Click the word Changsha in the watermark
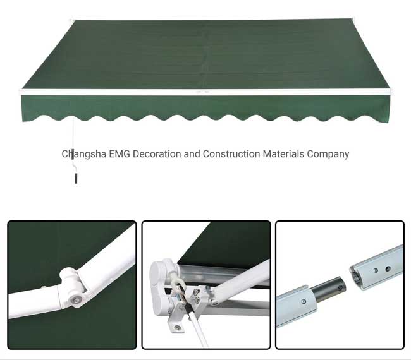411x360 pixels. pos(84,154)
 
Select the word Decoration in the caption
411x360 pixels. pos(157,154)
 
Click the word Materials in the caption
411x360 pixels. pos(284,154)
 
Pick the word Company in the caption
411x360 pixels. pos(328,155)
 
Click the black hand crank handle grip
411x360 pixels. pos(76,178)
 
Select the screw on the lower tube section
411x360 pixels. pos(304,302)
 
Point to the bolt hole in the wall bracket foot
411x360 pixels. pos(178,327)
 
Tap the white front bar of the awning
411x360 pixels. pos(205,92)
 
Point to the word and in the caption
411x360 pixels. pos(192,154)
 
